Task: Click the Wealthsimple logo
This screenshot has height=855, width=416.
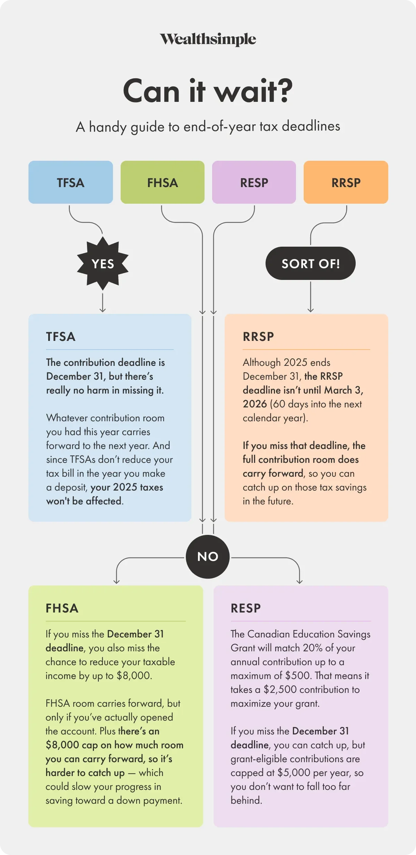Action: [208, 39]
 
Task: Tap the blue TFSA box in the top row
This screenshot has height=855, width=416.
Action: [71, 182]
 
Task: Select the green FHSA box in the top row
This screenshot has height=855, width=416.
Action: [163, 182]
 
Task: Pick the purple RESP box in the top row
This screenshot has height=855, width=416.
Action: [254, 182]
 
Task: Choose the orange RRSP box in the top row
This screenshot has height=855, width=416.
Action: [346, 182]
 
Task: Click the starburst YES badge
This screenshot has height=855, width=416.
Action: [103, 264]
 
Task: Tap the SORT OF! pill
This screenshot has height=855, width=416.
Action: [311, 263]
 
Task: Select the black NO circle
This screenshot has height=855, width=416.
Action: [208, 556]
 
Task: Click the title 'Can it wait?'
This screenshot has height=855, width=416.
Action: [208, 91]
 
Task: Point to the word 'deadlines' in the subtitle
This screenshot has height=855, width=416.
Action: [311, 126]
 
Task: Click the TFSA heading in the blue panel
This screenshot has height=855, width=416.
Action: [61, 337]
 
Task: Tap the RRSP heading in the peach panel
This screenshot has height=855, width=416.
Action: [258, 337]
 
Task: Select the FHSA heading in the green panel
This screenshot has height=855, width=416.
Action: [62, 608]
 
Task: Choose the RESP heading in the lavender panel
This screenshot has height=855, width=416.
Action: [246, 608]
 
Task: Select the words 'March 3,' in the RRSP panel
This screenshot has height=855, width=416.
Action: [344, 390]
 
